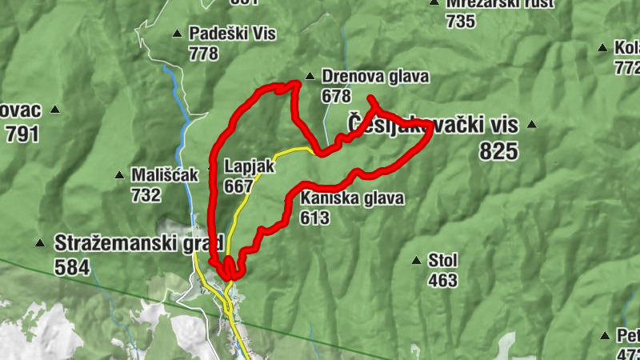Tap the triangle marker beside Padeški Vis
point(177,34)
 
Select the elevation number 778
point(204,54)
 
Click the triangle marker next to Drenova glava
point(309,77)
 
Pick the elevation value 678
point(336,96)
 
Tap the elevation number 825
point(499,150)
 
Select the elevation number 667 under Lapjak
point(239,186)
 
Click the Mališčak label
point(165,174)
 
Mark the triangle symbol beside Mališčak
point(119,174)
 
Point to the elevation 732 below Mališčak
point(146,194)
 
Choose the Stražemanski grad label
point(126,242)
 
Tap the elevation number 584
point(71,267)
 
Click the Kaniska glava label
point(352,198)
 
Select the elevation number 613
point(315,218)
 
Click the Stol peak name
point(442,261)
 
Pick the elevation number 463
point(442,280)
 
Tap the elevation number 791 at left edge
point(22,134)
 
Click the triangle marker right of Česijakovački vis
point(530,125)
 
